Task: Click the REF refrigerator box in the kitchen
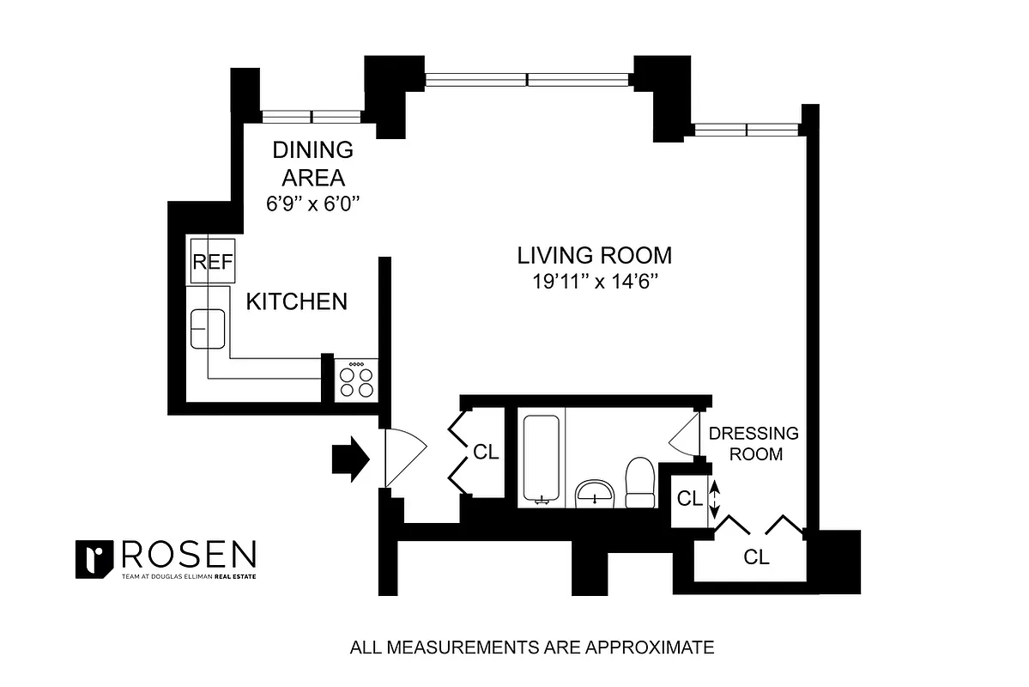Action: pyautogui.click(x=212, y=261)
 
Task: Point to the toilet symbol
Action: pyautogui.click(x=640, y=483)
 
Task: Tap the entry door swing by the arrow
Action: pyautogui.click(x=403, y=459)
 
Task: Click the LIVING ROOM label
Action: pyautogui.click(x=594, y=255)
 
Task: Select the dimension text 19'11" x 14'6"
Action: pyautogui.click(x=594, y=280)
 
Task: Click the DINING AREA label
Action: pyautogui.click(x=312, y=163)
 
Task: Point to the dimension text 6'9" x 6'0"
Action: pyautogui.click(x=312, y=204)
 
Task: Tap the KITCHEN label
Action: pyautogui.click(x=297, y=301)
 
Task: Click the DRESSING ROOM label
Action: pyautogui.click(x=753, y=443)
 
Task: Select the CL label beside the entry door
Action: pyautogui.click(x=486, y=453)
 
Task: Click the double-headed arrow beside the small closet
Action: pyautogui.click(x=712, y=498)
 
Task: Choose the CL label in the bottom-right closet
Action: pyautogui.click(x=756, y=557)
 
